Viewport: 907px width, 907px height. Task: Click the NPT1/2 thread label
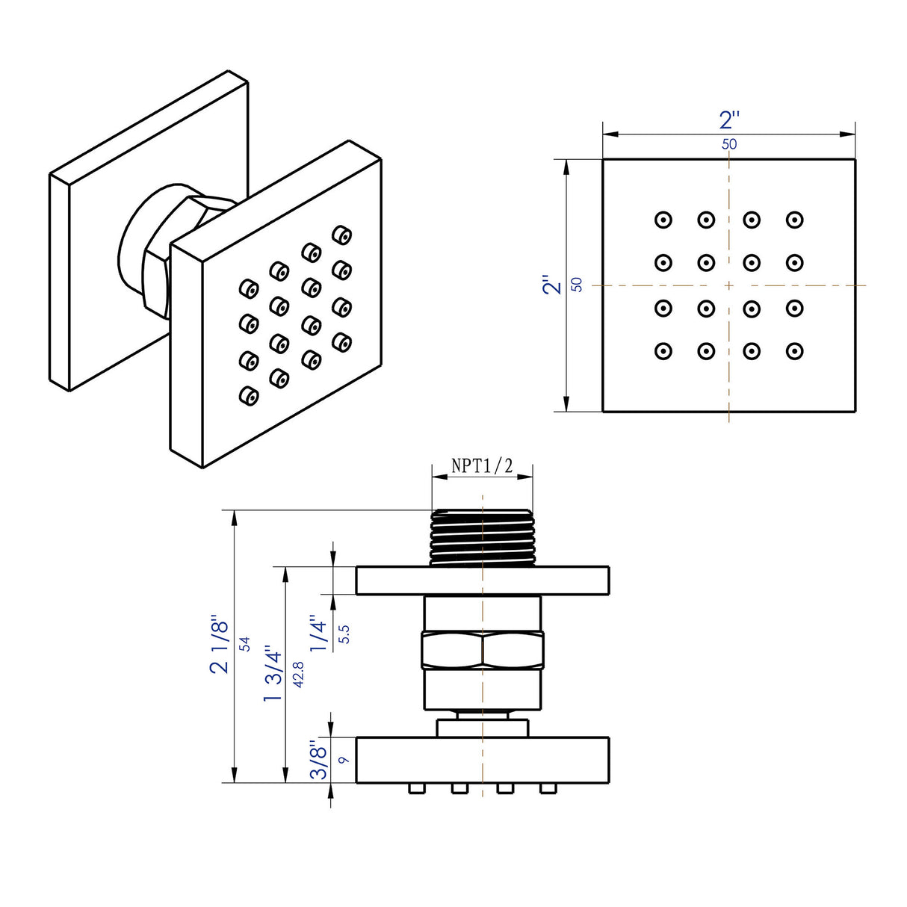click(x=483, y=466)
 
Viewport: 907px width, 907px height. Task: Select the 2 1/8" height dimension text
click(x=220, y=644)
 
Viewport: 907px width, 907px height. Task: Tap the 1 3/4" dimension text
click(x=273, y=674)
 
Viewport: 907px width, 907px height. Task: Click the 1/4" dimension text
click(x=320, y=634)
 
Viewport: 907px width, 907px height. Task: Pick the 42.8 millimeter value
click(x=298, y=674)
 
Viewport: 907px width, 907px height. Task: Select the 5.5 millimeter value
click(x=344, y=634)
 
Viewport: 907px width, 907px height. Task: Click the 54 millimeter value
click(x=245, y=644)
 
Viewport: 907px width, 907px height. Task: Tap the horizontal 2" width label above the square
click(x=729, y=120)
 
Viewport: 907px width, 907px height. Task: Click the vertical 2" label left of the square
click(x=552, y=285)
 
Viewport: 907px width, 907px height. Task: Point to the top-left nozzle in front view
click(x=663, y=220)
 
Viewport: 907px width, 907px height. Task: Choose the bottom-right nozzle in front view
click(x=794, y=350)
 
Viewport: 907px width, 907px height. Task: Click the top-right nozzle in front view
click(x=794, y=220)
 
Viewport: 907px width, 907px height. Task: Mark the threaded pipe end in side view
click(x=483, y=536)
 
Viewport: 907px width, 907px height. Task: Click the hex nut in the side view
click(x=483, y=648)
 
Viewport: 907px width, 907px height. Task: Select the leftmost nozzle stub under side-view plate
click(x=414, y=789)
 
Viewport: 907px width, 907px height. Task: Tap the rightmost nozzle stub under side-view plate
click(x=548, y=789)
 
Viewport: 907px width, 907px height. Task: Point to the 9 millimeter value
click(x=344, y=760)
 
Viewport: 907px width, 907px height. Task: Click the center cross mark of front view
click(x=728, y=285)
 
